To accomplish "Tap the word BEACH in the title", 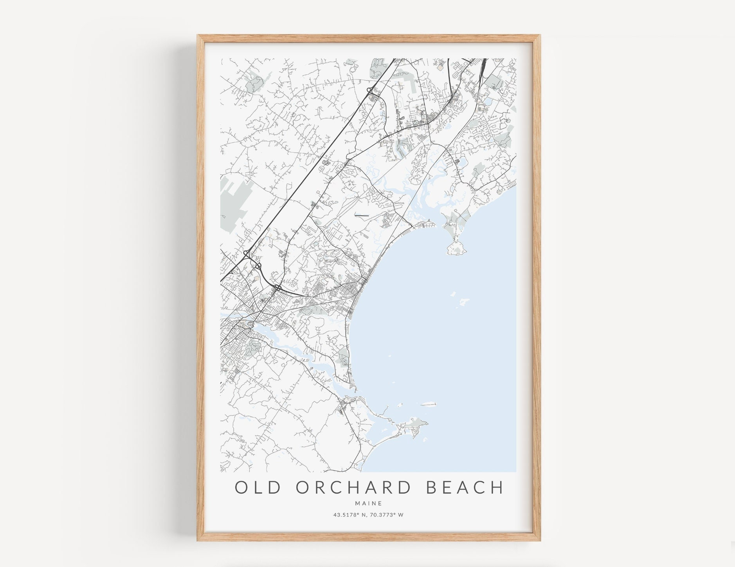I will (x=465, y=488).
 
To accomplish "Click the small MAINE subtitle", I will (x=368, y=503).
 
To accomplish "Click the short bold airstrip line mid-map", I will (x=362, y=215).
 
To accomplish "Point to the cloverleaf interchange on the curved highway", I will (x=277, y=288).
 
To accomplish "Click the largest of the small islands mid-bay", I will (x=464, y=301).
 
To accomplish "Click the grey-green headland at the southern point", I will (x=417, y=423).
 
